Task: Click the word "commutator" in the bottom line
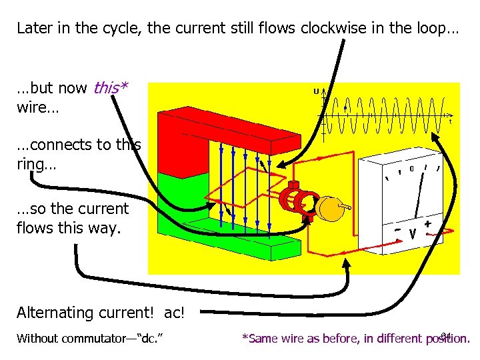[93, 338]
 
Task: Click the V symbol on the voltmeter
[413, 234]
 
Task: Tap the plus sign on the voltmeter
[427, 225]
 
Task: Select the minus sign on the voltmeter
[397, 230]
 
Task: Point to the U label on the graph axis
[316, 91]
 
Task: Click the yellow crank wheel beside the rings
[327, 209]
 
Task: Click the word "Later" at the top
[32, 29]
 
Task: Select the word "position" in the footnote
[447, 338]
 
